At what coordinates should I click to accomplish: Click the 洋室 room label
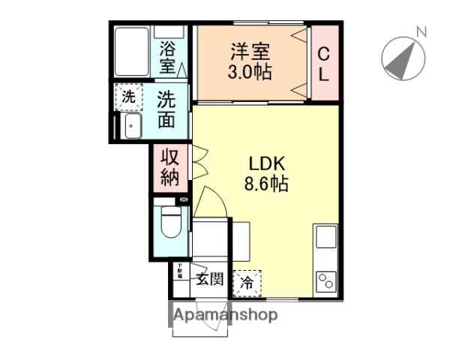250,52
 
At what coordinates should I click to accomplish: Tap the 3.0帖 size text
250,73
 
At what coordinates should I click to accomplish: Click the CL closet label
323,64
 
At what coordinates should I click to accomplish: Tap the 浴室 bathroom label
166,58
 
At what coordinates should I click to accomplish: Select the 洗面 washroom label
166,110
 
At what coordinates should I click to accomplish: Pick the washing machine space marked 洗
129,97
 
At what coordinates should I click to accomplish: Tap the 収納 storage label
167,169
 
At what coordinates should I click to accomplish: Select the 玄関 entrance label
209,280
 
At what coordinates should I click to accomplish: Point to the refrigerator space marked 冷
247,283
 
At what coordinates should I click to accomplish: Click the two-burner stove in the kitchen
326,280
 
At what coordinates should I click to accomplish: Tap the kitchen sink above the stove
326,237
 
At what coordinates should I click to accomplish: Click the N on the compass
421,32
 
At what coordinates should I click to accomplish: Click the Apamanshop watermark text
226,315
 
